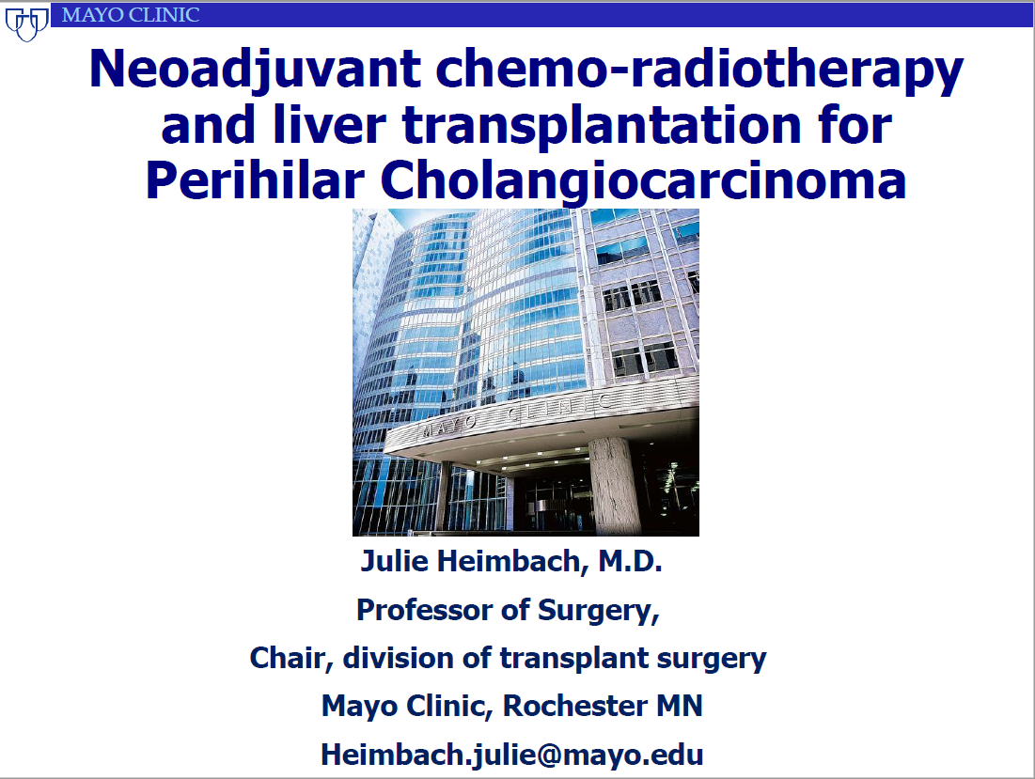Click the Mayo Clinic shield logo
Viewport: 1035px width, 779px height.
tap(27, 23)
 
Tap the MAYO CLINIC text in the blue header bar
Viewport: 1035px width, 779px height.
tap(131, 14)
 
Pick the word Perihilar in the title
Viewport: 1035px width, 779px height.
tap(255, 180)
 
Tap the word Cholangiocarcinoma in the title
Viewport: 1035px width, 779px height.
tap(644, 181)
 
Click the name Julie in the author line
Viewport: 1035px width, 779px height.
tap(394, 561)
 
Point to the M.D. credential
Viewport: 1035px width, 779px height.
tap(630, 561)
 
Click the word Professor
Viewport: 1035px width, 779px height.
tap(425, 610)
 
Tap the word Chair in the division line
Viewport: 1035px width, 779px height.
tap(291, 659)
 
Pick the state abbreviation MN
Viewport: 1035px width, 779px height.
tap(680, 706)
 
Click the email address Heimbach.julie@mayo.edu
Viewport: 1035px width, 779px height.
tap(512, 755)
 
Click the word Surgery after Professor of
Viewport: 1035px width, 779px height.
tap(599, 611)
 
